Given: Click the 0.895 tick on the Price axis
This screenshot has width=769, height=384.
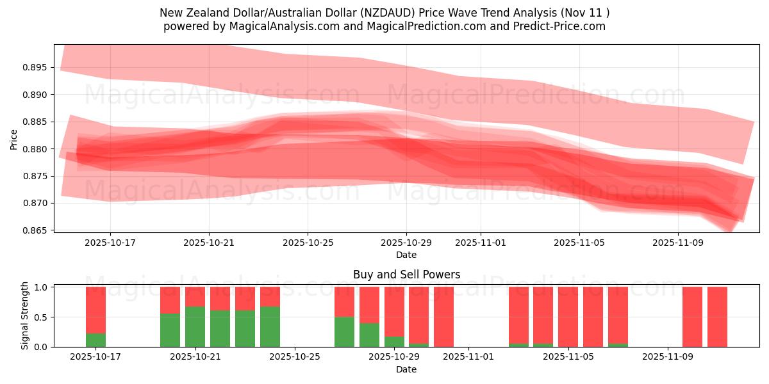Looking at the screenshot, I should click(x=37, y=67).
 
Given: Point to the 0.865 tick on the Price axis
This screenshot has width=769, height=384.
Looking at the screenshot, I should click(x=37, y=230).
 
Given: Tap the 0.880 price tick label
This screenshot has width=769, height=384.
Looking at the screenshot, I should click(x=37, y=149).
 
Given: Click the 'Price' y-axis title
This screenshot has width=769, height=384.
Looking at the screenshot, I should click(x=13, y=140).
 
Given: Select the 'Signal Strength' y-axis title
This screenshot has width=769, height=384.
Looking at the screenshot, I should click(x=25, y=316).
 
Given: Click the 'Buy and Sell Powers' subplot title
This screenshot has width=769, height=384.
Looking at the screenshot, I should click(x=406, y=275).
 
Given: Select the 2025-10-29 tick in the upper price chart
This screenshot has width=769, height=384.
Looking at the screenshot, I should click(x=406, y=243).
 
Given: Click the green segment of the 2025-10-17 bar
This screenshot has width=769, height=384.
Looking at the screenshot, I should click(x=95, y=340).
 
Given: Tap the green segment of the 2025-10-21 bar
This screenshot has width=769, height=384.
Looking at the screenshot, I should click(x=195, y=327).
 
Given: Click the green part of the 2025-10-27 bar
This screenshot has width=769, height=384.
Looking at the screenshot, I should click(x=344, y=332).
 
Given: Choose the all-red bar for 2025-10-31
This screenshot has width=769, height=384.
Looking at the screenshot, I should click(x=443, y=317).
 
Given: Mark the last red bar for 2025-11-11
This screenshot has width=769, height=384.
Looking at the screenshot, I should click(x=717, y=317).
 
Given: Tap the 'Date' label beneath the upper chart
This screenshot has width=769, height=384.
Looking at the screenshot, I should click(x=406, y=255).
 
